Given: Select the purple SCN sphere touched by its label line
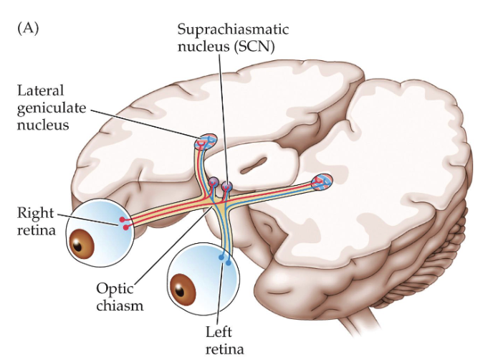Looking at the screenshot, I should (x=226, y=188).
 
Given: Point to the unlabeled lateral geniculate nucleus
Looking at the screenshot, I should (x=322, y=181).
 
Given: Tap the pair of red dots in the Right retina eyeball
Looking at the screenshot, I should (x=125, y=223).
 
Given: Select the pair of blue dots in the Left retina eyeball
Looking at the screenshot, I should (x=225, y=260).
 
